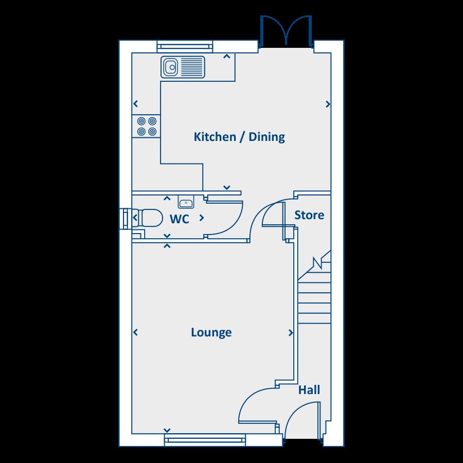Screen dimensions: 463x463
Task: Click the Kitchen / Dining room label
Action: [239, 137]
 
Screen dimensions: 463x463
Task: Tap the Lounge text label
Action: [211, 332]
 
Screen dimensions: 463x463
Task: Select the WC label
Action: [179, 219]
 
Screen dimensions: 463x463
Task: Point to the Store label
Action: [309, 215]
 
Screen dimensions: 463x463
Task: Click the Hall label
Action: [309, 390]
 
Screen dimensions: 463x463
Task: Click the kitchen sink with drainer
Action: [183, 67]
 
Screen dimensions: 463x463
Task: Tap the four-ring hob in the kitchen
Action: [146, 126]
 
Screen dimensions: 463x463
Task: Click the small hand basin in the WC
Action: [186, 201]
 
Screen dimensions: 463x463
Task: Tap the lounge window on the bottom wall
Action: [205, 439]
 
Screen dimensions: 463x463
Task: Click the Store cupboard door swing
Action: [271, 212]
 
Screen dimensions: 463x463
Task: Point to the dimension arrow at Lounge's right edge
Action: [291, 333]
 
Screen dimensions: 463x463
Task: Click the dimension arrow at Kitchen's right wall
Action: [328, 104]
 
